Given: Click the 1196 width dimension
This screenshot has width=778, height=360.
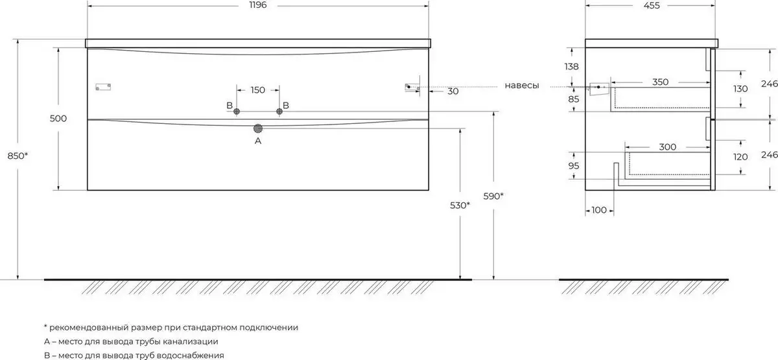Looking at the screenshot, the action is (x=258, y=5).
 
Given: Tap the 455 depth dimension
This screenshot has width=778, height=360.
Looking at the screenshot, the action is (x=651, y=6).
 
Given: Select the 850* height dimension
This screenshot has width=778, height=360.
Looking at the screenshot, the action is (x=18, y=156).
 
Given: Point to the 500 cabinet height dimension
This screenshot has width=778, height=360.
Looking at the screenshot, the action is (x=58, y=119).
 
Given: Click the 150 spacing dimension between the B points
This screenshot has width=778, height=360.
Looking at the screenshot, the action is (x=258, y=90).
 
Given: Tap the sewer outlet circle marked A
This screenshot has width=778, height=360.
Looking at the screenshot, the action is (x=258, y=129).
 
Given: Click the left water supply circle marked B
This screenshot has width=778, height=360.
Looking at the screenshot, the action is (x=237, y=111).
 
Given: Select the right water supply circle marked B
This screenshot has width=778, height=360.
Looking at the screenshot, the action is (x=279, y=111).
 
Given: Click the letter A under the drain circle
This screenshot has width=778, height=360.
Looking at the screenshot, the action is (x=258, y=141).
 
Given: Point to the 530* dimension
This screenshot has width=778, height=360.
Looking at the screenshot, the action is (x=460, y=206).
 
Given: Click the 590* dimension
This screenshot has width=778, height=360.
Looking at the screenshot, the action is (x=493, y=197).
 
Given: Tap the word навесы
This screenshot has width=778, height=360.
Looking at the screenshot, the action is (x=522, y=86).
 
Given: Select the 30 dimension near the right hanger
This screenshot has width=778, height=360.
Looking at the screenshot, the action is (x=453, y=91).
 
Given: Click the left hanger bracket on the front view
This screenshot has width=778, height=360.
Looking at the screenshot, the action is (x=103, y=87).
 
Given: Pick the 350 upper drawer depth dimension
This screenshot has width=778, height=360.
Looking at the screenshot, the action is (x=660, y=82).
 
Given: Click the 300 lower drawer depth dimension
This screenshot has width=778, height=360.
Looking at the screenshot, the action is (x=667, y=147).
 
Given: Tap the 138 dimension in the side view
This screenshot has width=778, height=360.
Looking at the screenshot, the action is (x=571, y=66).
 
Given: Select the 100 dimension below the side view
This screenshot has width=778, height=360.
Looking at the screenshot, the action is (x=599, y=210).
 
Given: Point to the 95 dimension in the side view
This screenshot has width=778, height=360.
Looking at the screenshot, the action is (x=573, y=166).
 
